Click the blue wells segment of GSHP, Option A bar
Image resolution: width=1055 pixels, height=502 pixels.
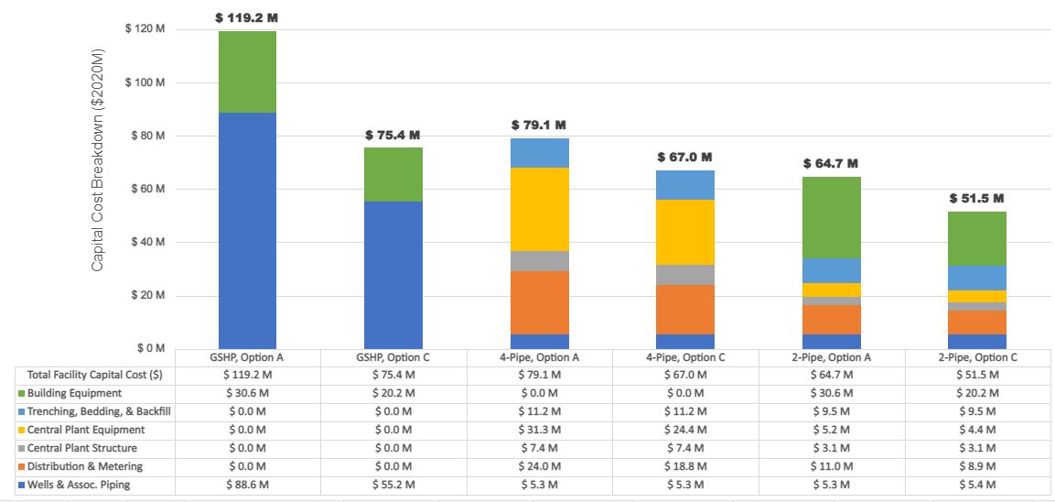coord(247,229)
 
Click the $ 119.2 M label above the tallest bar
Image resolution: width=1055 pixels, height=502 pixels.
coord(246,16)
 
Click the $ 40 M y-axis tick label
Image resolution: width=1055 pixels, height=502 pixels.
coord(146,243)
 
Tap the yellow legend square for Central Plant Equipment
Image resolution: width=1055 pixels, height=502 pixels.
coord(21,430)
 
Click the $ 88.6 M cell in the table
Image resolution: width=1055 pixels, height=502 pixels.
coord(247,484)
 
